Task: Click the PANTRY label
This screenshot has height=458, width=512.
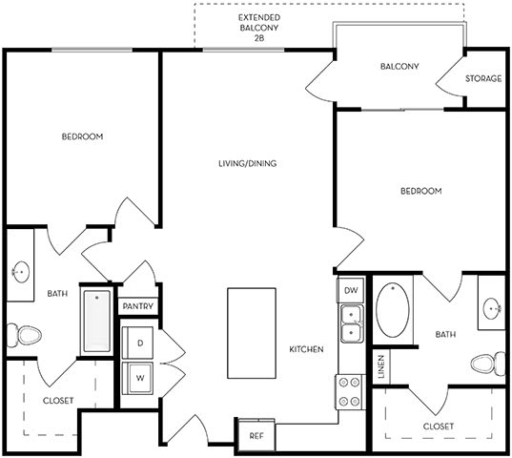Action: [x=138, y=306]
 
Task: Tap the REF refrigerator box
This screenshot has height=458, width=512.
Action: [x=256, y=434]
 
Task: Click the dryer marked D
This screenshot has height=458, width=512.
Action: [x=139, y=342]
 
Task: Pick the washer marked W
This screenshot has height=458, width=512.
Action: [x=139, y=377]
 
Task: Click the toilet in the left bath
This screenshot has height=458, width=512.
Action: [x=23, y=335]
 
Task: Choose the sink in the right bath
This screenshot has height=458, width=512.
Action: [x=492, y=307]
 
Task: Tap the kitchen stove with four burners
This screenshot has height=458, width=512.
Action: [x=349, y=389]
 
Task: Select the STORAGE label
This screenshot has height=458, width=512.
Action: [x=483, y=78]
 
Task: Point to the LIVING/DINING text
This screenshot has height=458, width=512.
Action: [x=247, y=164]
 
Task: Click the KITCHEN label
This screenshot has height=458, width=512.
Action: [x=307, y=349]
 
